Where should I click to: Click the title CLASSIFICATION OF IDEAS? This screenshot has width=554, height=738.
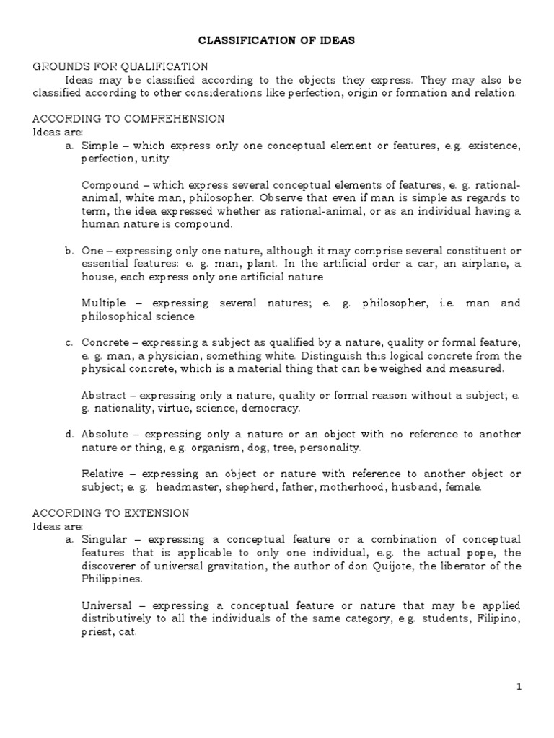277,42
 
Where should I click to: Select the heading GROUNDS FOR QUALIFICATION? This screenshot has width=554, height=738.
120,67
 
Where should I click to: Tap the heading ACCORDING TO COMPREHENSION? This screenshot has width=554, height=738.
129,119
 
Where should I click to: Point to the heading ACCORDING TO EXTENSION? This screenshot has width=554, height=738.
111,513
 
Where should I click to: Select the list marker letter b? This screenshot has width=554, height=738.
69,251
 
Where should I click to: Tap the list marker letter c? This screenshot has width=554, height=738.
69,342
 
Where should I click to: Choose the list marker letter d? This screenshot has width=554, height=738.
69,435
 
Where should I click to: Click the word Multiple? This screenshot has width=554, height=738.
105,303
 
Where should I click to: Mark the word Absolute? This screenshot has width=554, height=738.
107,435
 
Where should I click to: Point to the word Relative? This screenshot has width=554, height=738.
105,474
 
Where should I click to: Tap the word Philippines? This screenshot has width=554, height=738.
112,579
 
